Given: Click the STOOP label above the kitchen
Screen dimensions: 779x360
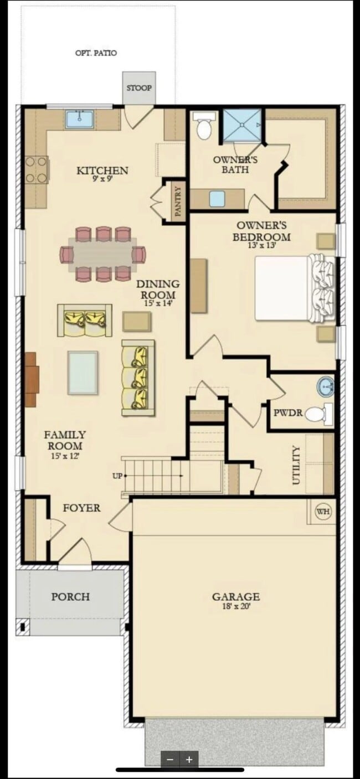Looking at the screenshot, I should pos(139,87).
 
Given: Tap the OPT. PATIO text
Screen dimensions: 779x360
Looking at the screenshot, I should pos(96,53).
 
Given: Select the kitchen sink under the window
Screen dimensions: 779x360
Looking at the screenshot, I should pos(79,119).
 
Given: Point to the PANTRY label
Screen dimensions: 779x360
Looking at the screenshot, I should pos(178,200).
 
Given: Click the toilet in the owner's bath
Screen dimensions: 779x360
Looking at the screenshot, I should pos(204,127).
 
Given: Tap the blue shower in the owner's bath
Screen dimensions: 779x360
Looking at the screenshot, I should pos(242,125).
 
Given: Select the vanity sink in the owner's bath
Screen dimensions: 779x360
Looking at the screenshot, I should pos(218,198).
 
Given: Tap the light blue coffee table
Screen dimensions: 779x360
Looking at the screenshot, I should pos(83,373).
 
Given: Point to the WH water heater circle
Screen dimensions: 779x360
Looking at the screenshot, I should pos(323,512).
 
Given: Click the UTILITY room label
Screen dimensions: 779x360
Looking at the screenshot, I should pos(296,465).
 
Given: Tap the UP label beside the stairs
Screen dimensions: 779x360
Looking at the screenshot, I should pos(117,476).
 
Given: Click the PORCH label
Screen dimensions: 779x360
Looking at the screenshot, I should pos(70,597).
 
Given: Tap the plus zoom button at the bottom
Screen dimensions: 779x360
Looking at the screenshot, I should pos(189,760).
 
